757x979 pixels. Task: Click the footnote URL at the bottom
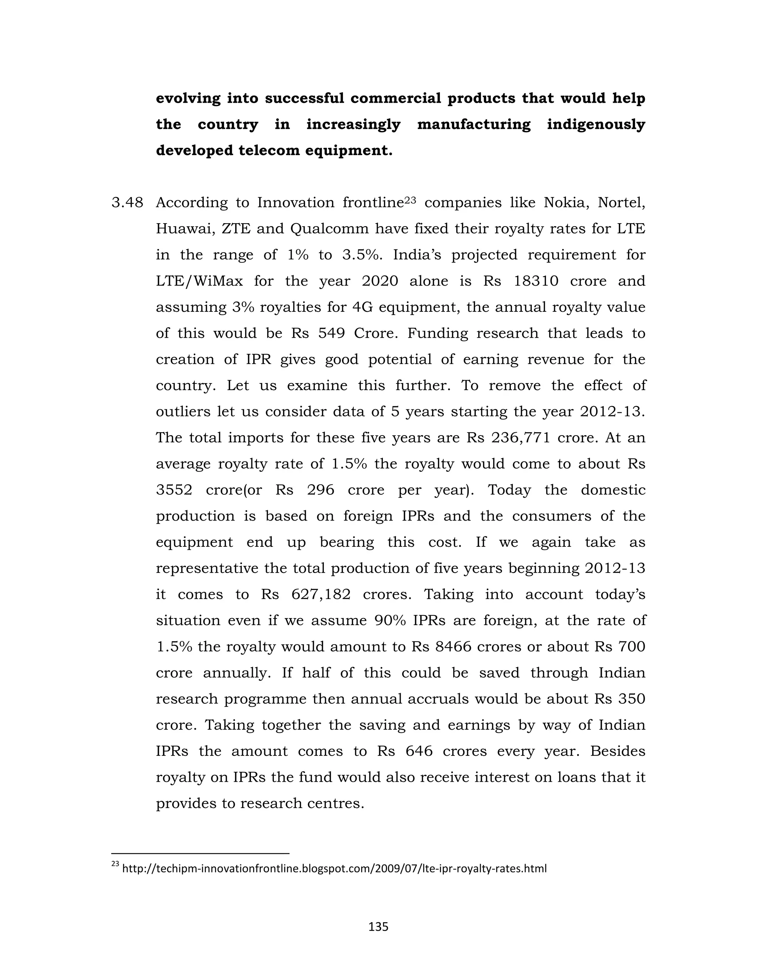(x=334, y=869)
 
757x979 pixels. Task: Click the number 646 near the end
(x=419, y=751)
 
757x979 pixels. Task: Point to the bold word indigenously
(x=595, y=124)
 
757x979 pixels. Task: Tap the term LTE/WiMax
(x=199, y=282)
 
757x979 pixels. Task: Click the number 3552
(x=174, y=490)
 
